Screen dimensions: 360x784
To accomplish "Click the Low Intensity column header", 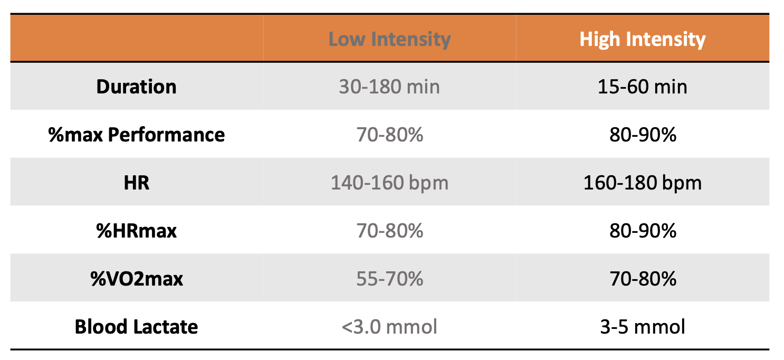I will point(389,40).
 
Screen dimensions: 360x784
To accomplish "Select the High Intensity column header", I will point(642,40).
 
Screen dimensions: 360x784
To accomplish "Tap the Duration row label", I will point(136,87).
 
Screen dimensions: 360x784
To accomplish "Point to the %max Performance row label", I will point(136,135).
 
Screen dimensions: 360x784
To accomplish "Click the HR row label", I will point(136,183).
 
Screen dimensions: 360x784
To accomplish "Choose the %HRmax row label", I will point(136,231).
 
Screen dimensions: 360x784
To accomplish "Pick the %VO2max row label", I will point(136,279).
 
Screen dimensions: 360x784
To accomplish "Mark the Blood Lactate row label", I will point(136,327).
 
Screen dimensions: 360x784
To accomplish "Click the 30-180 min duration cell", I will point(389,87).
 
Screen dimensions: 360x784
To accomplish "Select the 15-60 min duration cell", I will point(642,87).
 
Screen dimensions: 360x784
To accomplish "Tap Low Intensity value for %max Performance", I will point(389,135).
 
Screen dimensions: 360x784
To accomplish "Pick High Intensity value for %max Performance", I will point(642,135).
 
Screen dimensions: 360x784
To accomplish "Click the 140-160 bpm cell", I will point(389,183).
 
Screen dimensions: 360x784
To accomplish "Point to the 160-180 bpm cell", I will point(642,183).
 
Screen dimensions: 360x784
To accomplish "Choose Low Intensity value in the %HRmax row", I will point(389,231).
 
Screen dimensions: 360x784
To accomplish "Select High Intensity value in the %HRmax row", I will point(642,231).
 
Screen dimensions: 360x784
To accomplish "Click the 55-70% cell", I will point(389,279).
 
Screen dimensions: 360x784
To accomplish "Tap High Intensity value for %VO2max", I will point(642,279).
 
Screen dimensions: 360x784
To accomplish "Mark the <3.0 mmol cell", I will point(389,327).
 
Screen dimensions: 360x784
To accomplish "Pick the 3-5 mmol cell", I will point(642,327).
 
